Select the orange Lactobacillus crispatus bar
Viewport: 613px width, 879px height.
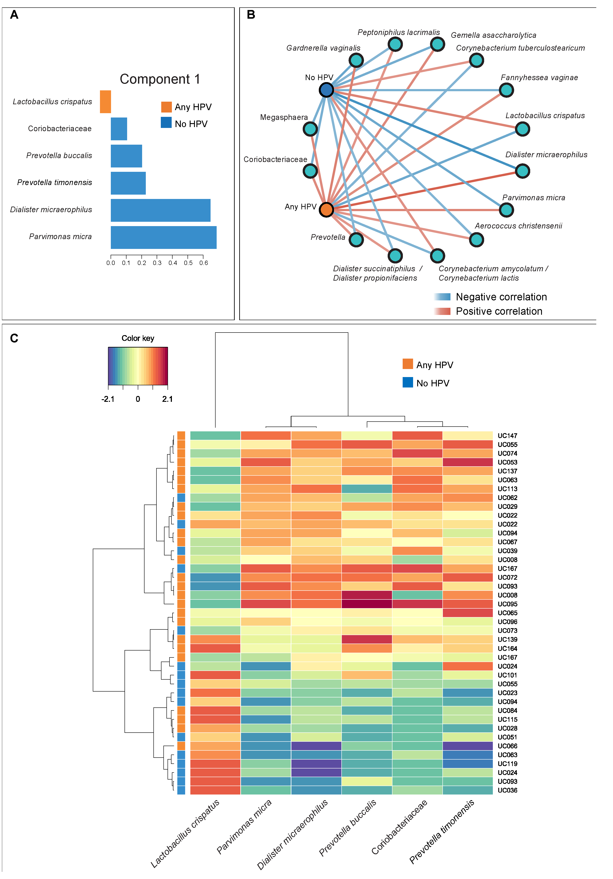pos(105,102)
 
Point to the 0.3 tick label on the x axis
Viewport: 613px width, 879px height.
pos(157,263)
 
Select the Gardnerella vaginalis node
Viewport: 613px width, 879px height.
pos(356,60)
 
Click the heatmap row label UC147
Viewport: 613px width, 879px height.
pos(507,436)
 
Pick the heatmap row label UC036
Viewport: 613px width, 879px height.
pos(507,790)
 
